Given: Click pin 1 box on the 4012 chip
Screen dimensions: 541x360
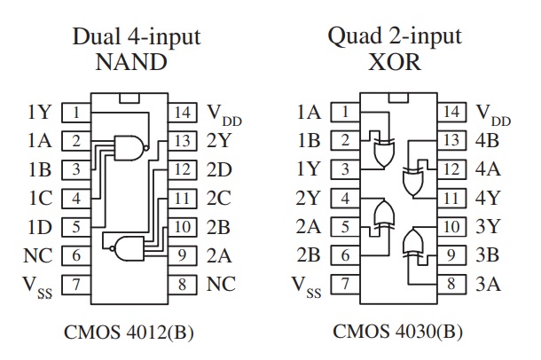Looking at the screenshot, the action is tap(76, 113).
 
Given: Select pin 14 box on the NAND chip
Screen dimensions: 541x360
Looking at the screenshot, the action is tap(182, 113).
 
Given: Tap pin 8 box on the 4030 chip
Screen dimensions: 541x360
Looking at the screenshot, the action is tap(451, 284).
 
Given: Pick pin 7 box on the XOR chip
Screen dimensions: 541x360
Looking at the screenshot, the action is tap(345, 284).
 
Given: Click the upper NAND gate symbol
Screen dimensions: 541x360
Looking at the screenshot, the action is tap(129, 147).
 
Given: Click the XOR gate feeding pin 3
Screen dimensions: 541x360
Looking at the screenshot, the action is tap(384, 153).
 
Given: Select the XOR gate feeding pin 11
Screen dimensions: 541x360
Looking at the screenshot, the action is tap(412, 182).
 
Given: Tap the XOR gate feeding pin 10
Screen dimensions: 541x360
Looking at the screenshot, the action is tap(412, 243).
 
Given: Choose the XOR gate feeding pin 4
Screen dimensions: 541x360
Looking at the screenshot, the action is tap(384, 215).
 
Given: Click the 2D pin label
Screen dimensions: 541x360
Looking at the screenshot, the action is tap(219, 169).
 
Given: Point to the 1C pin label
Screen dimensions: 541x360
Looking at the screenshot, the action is tap(41, 198).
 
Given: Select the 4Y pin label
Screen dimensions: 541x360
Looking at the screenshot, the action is tap(488, 198).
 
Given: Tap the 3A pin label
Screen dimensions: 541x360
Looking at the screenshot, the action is tap(488, 284).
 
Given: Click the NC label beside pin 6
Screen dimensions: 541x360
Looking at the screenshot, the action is tap(38, 255).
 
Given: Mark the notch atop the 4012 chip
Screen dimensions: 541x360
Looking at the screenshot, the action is tap(129, 98).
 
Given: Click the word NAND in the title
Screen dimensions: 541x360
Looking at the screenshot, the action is tap(131, 62).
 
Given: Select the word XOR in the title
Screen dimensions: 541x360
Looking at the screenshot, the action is tap(395, 62).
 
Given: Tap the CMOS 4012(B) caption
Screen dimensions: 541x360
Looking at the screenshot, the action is tap(129, 332).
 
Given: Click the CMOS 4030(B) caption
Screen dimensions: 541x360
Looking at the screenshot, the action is tap(397, 332).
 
